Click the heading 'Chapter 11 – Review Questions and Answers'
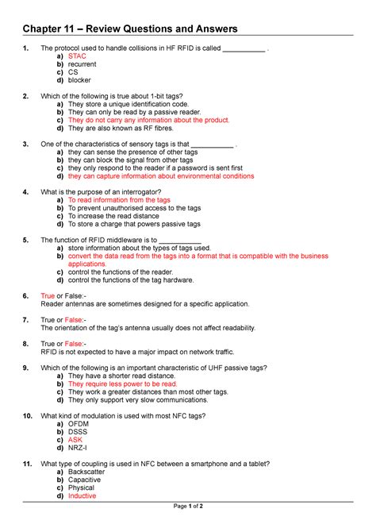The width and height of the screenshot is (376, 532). pyautogui.click(x=130, y=29)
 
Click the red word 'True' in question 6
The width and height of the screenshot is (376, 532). pyautogui.click(x=48, y=295)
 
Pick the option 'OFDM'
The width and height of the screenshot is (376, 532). pyautogui.click(x=80, y=424)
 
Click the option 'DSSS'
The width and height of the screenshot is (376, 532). pyautogui.click(x=79, y=432)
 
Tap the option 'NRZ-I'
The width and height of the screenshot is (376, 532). pyautogui.click(x=79, y=448)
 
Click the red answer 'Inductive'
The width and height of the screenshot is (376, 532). pyautogui.click(x=82, y=495)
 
